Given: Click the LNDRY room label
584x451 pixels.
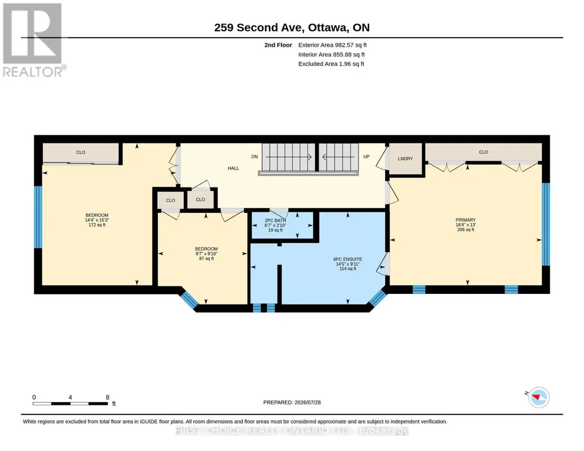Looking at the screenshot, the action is pyautogui.click(x=405, y=158).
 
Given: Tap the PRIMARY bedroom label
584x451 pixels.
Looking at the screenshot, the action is pyautogui.click(x=465, y=220).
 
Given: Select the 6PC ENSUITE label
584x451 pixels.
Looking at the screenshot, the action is pyautogui.click(x=348, y=259).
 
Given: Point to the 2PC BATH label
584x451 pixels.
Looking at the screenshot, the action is pyautogui.click(x=275, y=221).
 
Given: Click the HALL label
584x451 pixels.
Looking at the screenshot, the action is pyautogui.click(x=233, y=168).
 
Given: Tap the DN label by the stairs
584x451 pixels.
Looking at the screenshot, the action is pyautogui.click(x=254, y=157).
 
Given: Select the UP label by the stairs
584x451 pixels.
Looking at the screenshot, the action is pyautogui.click(x=366, y=157).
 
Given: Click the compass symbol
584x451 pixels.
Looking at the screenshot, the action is pyautogui.click(x=538, y=397).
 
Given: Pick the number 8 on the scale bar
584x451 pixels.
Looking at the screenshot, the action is pyautogui.click(x=108, y=397).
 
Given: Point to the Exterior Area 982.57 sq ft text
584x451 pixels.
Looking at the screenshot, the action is pyautogui.click(x=333, y=45).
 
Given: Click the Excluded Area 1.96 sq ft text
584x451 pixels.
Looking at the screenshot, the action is pyautogui.click(x=331, y=64).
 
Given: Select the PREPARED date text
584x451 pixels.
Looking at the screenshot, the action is pyautogui.click(x=292, y=402).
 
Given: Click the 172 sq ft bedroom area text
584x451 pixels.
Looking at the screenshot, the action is pyautogui.click(x=97, y=225).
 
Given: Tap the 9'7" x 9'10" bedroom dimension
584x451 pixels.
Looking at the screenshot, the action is pyautogui.click(x=206, y=254).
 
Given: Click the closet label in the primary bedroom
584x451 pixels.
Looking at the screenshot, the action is pyautogui.click(x=484, y=152).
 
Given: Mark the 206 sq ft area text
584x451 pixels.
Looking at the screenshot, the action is pyautogui.click(x=465, y=229).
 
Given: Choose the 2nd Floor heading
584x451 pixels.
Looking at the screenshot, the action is pyautogui.click(x=278, y=45).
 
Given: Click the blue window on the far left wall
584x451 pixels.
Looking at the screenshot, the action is pyautogui.click(x=38, y=217).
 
